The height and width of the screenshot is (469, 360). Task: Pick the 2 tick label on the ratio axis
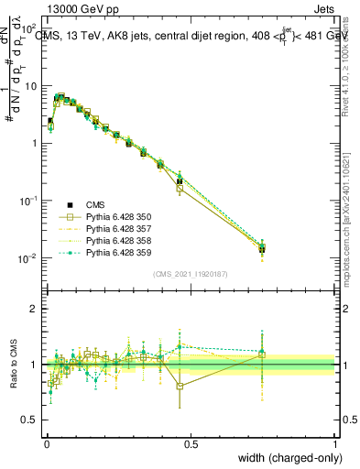[x=35, y=309]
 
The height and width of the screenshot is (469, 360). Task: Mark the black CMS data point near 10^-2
[x=262, y=248]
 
